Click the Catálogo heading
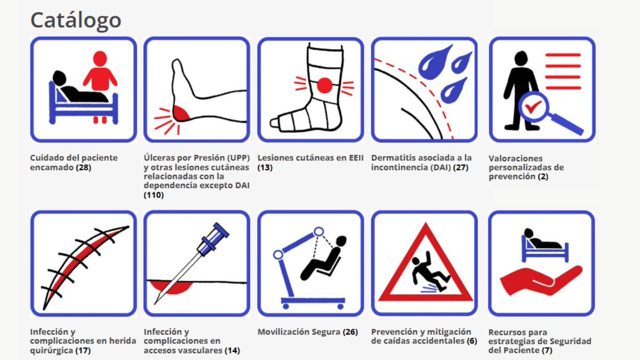point(76,20)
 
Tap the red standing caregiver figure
point(99,75)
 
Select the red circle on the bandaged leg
point(324,85)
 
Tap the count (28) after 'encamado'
point(84,167)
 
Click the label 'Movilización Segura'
point(299,332)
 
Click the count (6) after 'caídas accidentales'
point(471,341)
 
